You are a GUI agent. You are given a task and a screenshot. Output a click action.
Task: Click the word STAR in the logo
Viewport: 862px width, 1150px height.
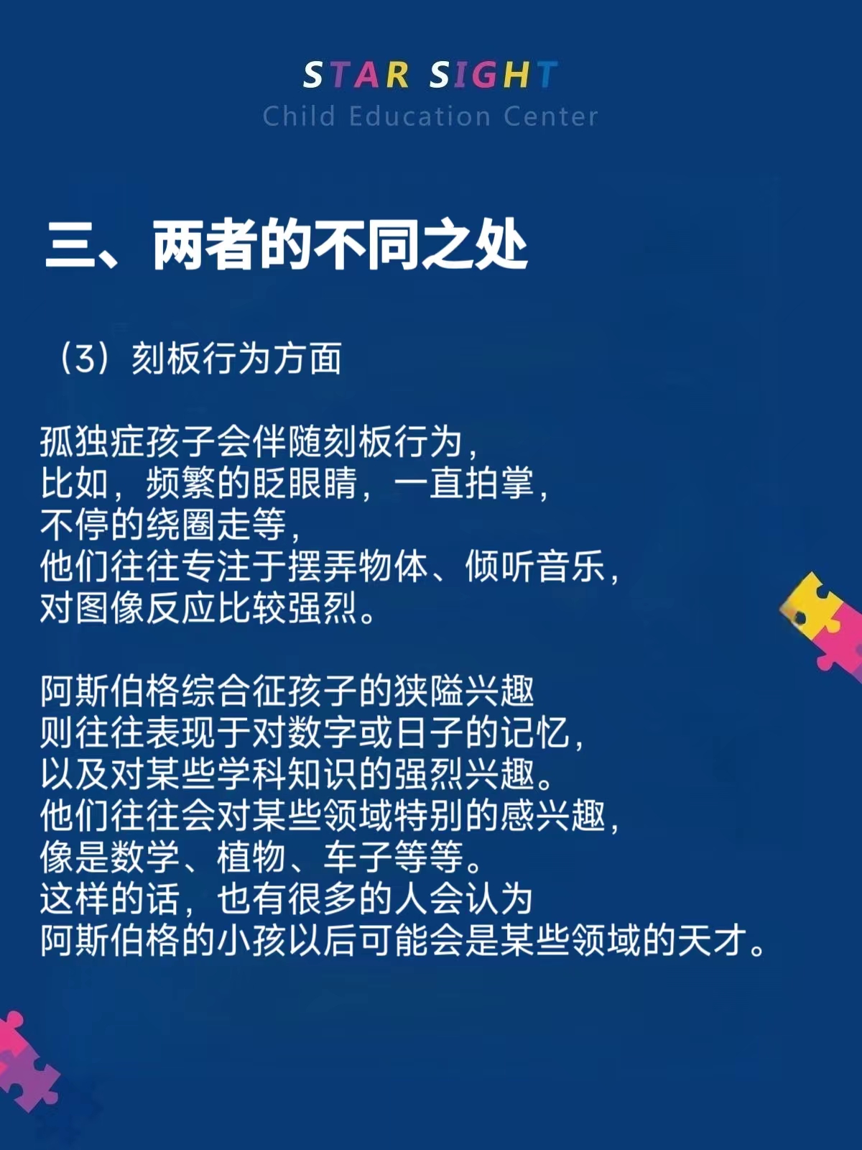356,75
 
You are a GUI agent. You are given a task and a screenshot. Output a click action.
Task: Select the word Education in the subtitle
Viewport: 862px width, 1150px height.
420,116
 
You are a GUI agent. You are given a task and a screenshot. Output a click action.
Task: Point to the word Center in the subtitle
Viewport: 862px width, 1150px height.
550,116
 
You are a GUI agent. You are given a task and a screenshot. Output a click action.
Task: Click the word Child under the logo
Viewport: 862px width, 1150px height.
299,116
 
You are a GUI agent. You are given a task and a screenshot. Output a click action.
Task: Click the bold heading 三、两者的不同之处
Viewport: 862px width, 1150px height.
286,245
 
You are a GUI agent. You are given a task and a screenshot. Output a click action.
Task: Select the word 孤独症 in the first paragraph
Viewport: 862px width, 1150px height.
93,441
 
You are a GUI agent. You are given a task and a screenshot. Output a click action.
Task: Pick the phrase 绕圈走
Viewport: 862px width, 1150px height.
199,525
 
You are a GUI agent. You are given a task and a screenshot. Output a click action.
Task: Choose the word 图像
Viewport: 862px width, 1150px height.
110,609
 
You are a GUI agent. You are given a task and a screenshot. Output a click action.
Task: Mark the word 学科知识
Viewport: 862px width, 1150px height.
287,774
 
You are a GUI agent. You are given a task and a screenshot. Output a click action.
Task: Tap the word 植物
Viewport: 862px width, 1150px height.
251,857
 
